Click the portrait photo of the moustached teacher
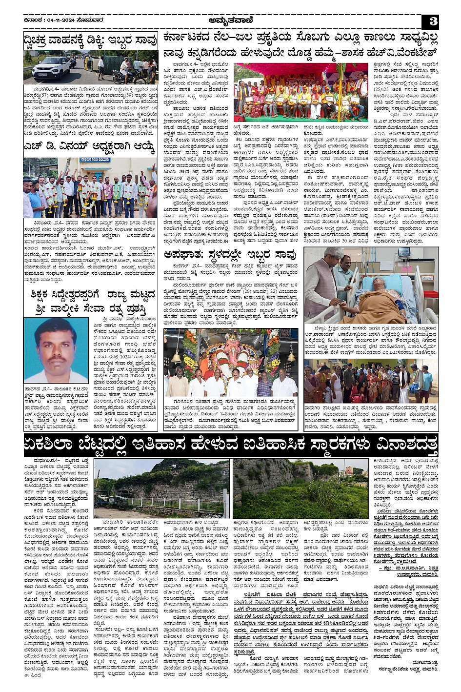click(x=56, y=350)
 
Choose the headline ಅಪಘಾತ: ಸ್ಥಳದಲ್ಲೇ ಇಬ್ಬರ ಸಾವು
click(x=230, y=255)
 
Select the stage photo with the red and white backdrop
click(x=300, y=92)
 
